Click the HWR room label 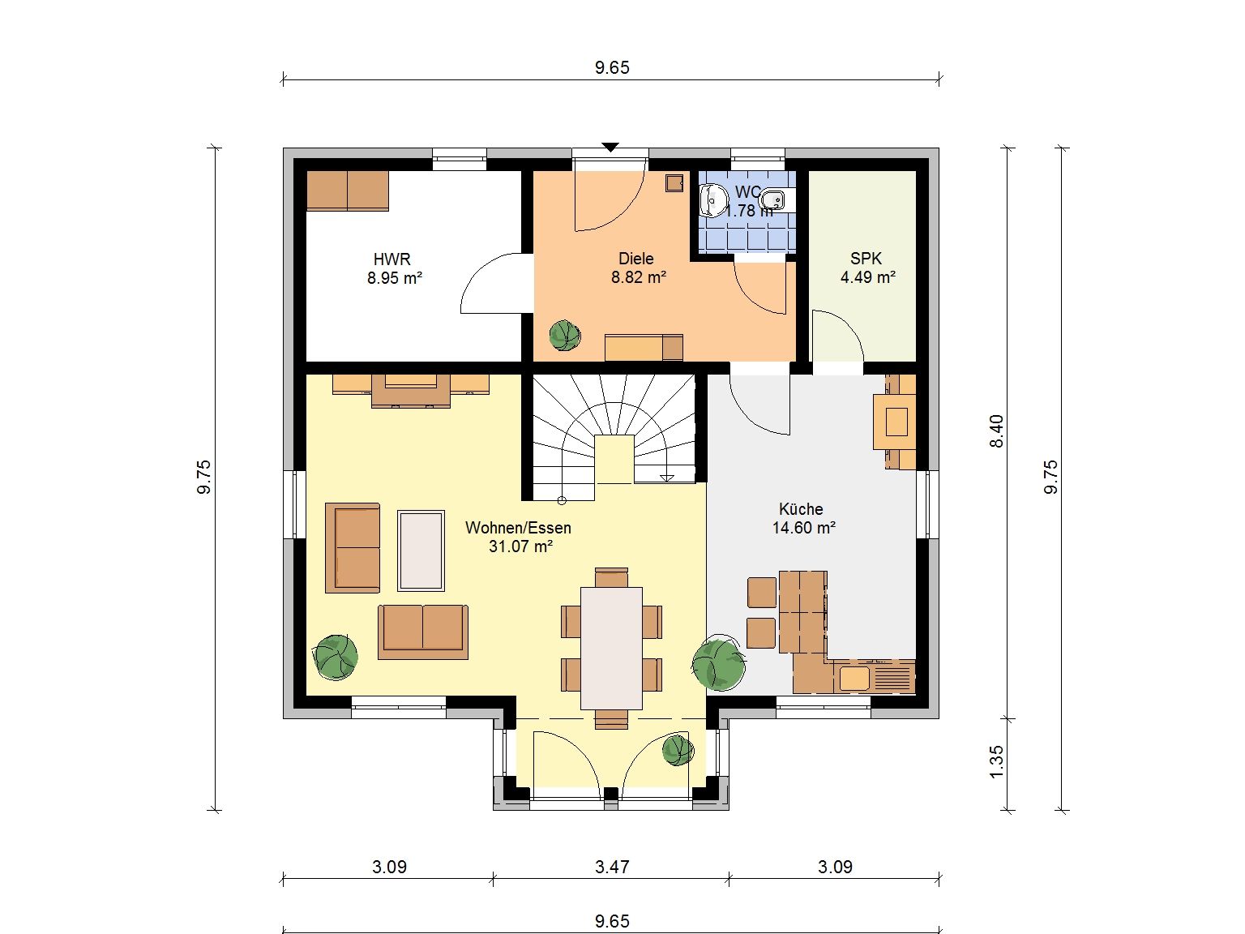click(x=391, y=259)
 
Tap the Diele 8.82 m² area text click(x=638, y=277)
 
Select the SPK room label click(x=866, y=259)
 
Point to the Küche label click(x=800, y=508)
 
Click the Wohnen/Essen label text click(x=518, y=527)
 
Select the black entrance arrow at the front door click(x=610, y=147)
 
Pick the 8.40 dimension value click(x=996, y=431)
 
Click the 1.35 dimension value click(x=996, y=761)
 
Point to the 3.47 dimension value click(x=612, y=867)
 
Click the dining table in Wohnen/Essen click(x=611, y=648)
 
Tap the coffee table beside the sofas click(x=421, y=551)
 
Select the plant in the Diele click(x=565, y=335)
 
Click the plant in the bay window click(x=678, y=750)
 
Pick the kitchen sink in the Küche click(x=854, y=679)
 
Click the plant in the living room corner click(x=336, y=658)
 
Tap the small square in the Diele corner click(x=674, y=183)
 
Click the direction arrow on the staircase click(x=667, y=477)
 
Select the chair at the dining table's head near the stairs click(x=611, y=577)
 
